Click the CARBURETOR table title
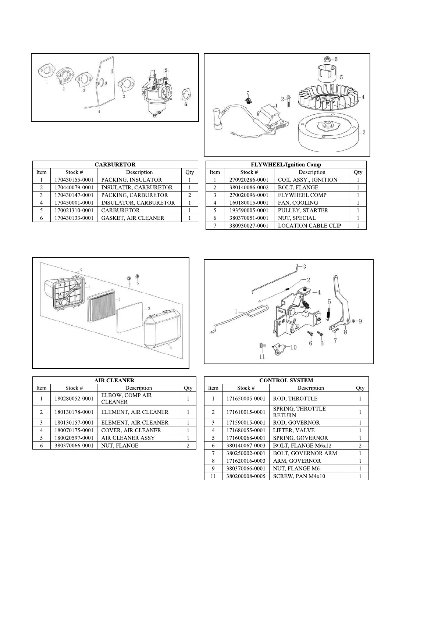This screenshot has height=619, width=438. tap(115, 165)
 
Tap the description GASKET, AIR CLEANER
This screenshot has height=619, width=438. tap(133, 218)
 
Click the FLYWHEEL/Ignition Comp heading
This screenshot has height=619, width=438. tap(286, 165)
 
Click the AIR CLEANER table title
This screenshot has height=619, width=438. tap(114, 380)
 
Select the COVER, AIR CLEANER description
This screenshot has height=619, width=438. tap(131, 430)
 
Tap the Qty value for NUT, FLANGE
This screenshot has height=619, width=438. tap(188, 446)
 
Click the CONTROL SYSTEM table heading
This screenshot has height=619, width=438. tap(286, 380)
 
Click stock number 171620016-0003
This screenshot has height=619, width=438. tap(246, 461)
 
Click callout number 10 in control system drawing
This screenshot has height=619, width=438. tap(293, 347)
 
